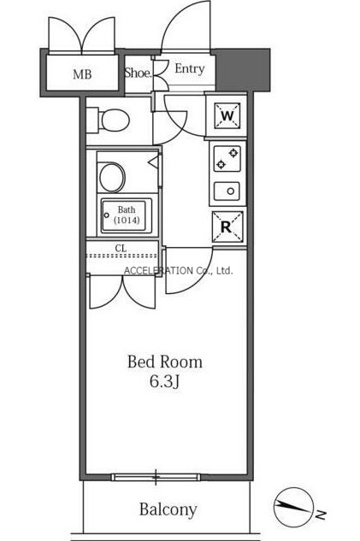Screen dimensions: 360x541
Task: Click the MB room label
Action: point(82,74)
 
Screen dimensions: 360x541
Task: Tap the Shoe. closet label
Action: point(138,73)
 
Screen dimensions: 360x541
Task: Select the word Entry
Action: point(190,69)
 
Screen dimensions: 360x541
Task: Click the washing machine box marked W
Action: point(227,115)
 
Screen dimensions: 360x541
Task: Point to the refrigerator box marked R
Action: point(227,226)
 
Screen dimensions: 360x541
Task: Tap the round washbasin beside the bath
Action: point(112,177)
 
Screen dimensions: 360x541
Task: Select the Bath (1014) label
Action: point(127,215)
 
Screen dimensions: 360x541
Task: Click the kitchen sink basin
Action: point(227,191)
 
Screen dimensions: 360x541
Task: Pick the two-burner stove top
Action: point(227,159)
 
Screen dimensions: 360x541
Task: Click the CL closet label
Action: point(121,248)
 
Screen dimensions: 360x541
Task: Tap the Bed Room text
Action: point(165,362)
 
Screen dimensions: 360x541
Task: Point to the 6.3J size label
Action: point(165,381)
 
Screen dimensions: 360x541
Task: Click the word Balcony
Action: point(168,509)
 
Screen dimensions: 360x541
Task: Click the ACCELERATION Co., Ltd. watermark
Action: point(179,271)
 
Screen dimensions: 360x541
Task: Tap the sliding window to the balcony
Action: point(156,477)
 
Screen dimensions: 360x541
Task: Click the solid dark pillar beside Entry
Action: point(243,70)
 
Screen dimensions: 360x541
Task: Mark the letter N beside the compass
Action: point(321,515)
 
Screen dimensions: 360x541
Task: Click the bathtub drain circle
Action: point(106,215)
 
